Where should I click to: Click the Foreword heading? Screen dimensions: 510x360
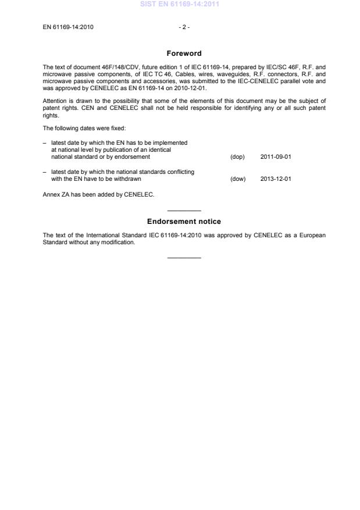click(x=184, y=54)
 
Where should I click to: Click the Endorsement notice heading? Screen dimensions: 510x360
click(x=184, y=222)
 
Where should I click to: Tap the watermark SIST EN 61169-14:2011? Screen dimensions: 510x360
click(x=180, y=5)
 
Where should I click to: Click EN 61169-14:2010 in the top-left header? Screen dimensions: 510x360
click(x=68, y=27)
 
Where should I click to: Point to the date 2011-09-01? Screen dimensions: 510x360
click(x=276, y=157)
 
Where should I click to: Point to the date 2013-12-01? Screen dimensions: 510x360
click(x=276, y=179)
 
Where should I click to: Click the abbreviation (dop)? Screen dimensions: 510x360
click(x=237, y=157)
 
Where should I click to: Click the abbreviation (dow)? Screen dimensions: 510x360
click(x=238, y=179)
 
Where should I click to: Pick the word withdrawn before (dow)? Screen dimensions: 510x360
click(x=128, y=179)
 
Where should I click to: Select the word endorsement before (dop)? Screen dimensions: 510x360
click(x=134, y=157)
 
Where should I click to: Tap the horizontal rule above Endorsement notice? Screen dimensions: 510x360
click(x=184, y=211)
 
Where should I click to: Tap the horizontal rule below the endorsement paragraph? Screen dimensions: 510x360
click(x=184, y=257)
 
